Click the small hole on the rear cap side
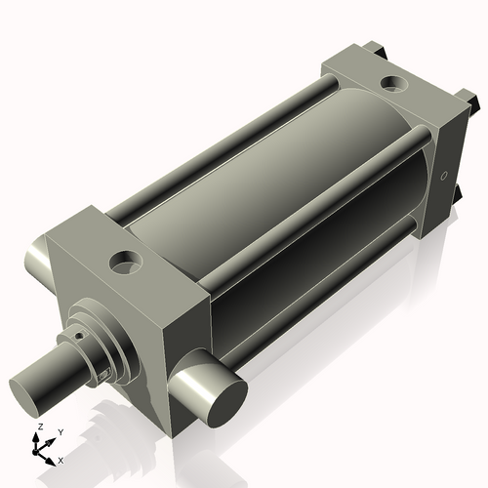click(x=443, y=177)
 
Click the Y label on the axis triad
click(x=60, y=431)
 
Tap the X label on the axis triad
click(x=61, y=459)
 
